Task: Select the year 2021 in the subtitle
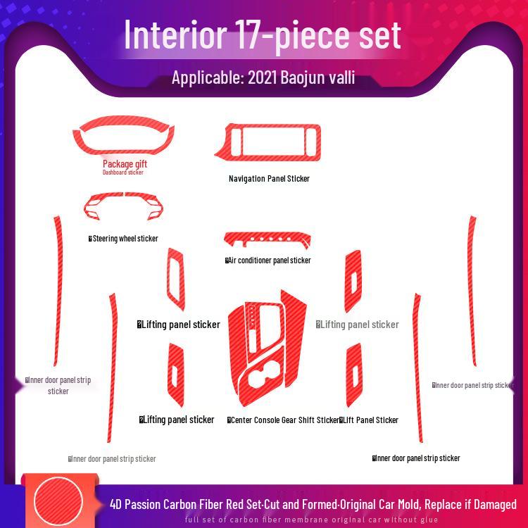pos(263,77)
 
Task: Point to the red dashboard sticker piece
pos(125,136)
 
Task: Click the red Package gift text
pos(125,164)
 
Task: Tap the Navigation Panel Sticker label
pos(269,179)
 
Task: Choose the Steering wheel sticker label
pos(124,239)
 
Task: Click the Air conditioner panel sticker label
pos(268,260)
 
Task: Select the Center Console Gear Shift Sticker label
pos(284,420)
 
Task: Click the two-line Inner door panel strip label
pos(58,385)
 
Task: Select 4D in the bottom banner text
pos(117,504)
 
